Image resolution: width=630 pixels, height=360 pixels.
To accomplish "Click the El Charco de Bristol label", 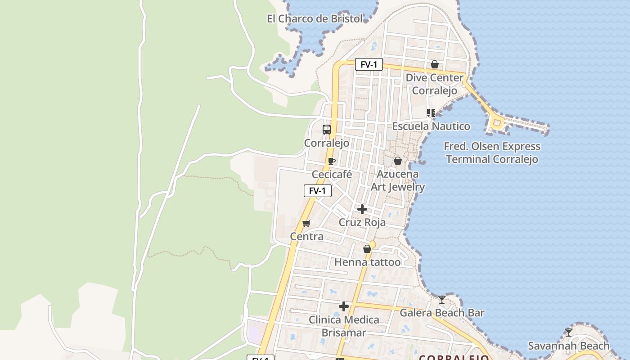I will coord(315,19).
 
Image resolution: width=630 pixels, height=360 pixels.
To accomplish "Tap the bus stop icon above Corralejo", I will coord(327,130).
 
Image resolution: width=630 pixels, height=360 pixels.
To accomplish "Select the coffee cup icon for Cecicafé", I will coord(332,161).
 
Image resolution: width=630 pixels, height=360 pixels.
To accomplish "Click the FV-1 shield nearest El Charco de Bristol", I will coord(369,65).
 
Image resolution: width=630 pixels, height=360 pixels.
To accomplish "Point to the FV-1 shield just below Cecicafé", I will coord(317,191).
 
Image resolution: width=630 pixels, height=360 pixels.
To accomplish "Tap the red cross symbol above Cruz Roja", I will coord(362,209).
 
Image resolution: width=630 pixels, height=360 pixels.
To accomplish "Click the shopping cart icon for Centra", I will coord(306,223).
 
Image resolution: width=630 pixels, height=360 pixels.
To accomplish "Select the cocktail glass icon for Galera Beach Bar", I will coord(442,299).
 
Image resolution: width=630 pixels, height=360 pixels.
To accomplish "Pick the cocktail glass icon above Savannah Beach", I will coord(569,333).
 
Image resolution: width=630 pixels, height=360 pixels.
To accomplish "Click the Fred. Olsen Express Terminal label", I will coord(492,153).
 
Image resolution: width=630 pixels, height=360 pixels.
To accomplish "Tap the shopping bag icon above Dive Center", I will coord(435,65).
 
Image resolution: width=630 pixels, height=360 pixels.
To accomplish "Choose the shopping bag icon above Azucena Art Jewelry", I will coord(398,161).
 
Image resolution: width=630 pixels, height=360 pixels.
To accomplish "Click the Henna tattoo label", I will coord(367,262).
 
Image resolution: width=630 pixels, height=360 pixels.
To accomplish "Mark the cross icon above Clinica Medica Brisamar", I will coord(344,306).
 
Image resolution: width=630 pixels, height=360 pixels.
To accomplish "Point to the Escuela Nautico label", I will coord(431,126).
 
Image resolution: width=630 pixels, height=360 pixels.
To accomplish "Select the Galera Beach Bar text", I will coord(442,313).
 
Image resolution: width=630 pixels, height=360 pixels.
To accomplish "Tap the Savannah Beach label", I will coord(568,346).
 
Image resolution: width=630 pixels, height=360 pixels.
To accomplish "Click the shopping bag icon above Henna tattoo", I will coord(367,249).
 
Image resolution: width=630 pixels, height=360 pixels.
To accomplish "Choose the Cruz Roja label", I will coord(362,222).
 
